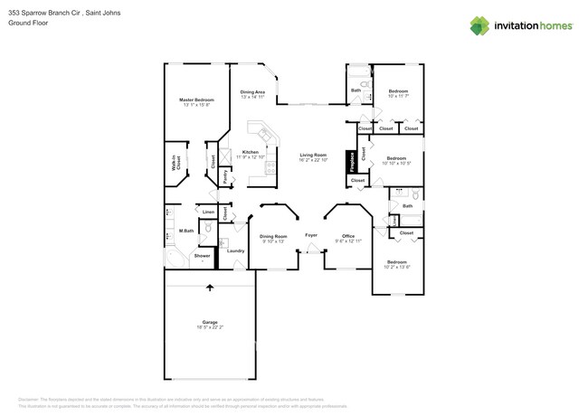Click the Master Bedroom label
(x=195, y=99)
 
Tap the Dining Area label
(x=252, y=92)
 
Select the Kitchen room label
(x=251, y=152)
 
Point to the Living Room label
(x=313, y=155)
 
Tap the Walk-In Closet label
(x=177, y=165)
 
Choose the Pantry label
(x=224, y=176)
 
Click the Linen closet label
(x=208, y=212)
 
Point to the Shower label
(x=202, y=255)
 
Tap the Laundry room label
(x=236, y=251)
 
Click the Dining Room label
(x=273, y=236)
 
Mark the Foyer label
(x=311, y=234)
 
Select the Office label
(x=348, y=236)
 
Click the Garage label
(x=210, y=322)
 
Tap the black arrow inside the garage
(x=210, y=288)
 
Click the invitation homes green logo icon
(x=479, y=25)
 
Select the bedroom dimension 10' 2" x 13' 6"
(x=397, y=267)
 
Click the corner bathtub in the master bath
(x=175, y=259)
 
